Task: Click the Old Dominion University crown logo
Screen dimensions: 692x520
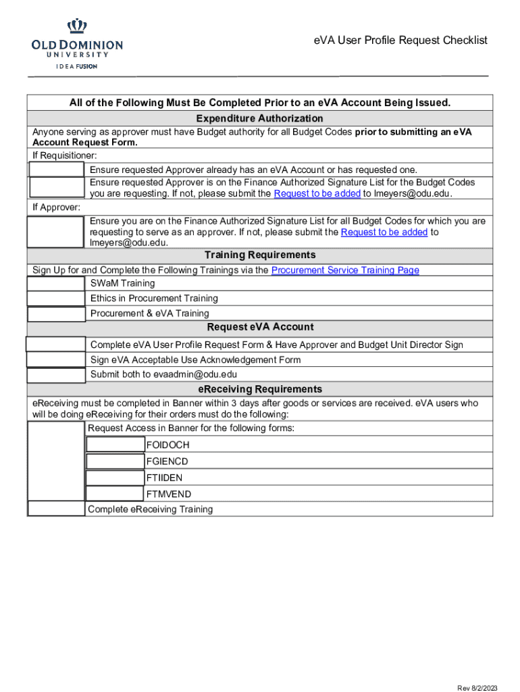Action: pos(77,27)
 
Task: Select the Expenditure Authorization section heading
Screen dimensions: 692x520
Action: pos(259,118)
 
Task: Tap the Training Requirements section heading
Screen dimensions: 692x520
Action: pos(259,255)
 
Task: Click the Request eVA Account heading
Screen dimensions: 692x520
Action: pos(259,327)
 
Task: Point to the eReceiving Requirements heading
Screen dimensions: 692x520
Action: pos(259,389)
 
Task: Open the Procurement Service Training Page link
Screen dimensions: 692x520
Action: pos(344,270)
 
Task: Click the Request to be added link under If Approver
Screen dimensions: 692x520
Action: pos(384,232)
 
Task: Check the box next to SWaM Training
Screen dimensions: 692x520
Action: pos(56,284)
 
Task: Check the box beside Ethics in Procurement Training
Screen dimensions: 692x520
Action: pos(56,299)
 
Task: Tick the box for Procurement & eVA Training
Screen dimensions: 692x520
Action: pos(56,314)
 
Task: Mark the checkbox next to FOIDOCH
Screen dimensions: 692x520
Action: pos(115,445)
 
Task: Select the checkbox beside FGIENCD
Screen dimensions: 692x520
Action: pos(115,461)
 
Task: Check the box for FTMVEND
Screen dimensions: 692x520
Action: pos(115,494)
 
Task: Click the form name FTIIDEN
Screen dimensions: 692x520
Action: pos(164,478)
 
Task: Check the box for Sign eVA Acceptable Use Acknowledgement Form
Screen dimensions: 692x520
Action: pos(56,360)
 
